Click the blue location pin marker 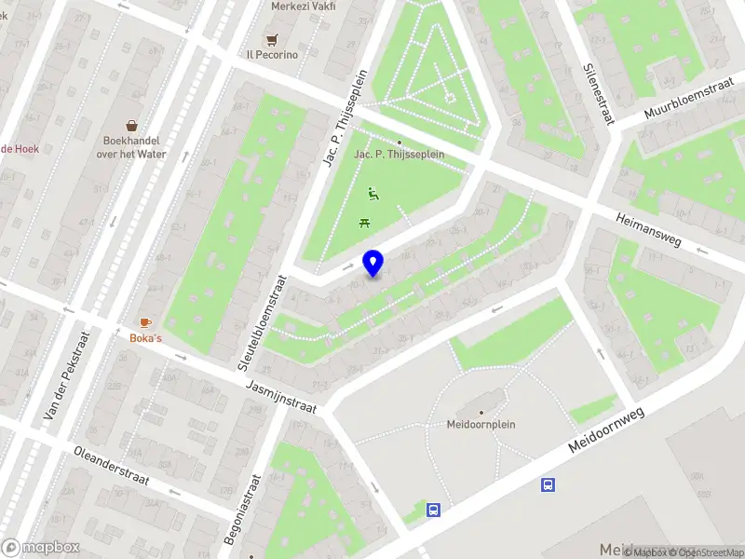(373, 264)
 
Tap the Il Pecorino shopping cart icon (272, 39)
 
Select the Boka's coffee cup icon (145, 322)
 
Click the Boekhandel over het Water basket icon (132, 126)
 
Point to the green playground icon (373, 194)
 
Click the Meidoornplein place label (481, 424)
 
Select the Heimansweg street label (648, 229)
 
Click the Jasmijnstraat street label (281, 397)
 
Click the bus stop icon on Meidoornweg (549, 484)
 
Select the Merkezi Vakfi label (303, 7)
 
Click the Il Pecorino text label (272, 55)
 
